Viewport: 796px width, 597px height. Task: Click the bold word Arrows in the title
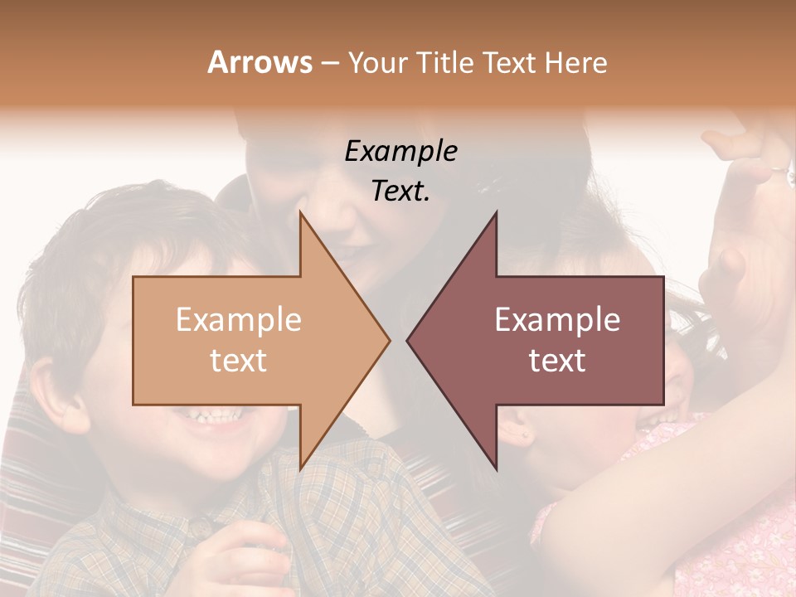[260, 62]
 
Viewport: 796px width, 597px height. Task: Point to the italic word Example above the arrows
[401, 152]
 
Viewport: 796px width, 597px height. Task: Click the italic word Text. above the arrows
[401, 191]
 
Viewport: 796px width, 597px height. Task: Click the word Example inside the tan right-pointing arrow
[239, 320]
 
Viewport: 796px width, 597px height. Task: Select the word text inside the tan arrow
[239, 361]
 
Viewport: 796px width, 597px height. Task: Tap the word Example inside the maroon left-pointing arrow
[557, 320]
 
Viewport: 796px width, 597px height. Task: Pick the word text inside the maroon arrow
[557, 361]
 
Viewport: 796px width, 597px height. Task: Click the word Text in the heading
[512, 62]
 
